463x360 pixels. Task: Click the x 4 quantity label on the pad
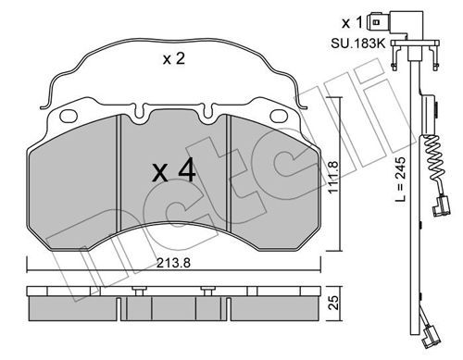[x=174, y=170]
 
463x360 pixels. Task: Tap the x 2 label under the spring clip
[x=174, y=58]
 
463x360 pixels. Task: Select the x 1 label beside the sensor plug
[x=352, y=23]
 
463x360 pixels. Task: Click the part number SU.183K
[x=358, y=43]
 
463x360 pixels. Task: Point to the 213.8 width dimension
[x=173, y=263]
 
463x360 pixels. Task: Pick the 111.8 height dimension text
[x=334, y=177]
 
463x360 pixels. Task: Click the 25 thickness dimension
[x=334, y=303]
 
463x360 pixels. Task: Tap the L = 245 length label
[x=401, y=180]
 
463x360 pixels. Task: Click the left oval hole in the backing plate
[x=69, y=116]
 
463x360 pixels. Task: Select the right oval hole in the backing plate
[x=279, y=116]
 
